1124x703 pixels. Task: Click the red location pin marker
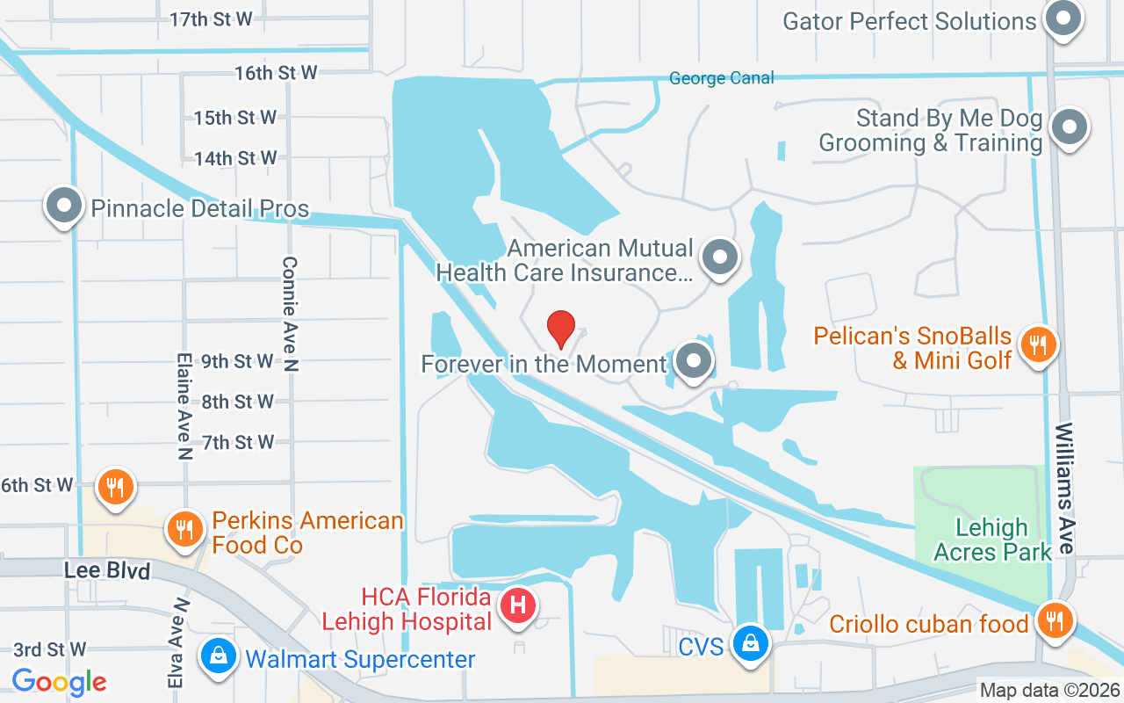pyautogui.click(x=561, y=329)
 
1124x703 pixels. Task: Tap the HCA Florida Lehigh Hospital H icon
pyautogui.click(x=518, y=606)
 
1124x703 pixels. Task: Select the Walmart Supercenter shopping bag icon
pyautogui.click(x=215, y=656)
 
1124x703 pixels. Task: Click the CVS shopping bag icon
pyautogui.click(x=751, y=643)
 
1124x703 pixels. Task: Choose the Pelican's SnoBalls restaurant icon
pyautogui.click(x=1039, y=344)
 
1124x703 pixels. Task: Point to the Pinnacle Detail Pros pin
pyautogui.click(x=64, y=207)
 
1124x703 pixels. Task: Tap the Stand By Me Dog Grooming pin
pyautogui.click(x=1070, y=128)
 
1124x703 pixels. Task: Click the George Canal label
pyautogui.click(x=722, y=78)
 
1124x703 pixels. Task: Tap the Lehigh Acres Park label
pyautogui.click(x=992, y=540)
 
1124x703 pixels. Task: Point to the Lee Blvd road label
pyautogui.click(x=107, y=570)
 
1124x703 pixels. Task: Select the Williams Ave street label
pyautogui.click(x=1065, y=488)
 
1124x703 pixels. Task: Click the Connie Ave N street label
pyautogui.click(x=291, y=314)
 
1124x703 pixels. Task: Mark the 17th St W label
pyautogui.click(x=211, y=18)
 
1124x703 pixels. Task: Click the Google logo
pyautogui.click(x=60, y=681)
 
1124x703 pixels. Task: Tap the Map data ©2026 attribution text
pyautogui.click(x=1049, y=690)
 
